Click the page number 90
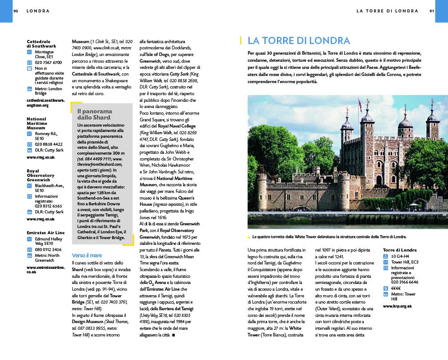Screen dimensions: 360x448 click(x=16, y=11)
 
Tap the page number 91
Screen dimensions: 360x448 click(x=432, y=11)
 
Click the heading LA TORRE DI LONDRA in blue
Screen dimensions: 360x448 click(x=299, y=40)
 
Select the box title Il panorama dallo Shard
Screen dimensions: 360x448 click(x=95, y=114)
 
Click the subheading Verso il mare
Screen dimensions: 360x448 click(x=87, y=255)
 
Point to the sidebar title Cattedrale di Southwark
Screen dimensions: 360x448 click(x=41, y=44)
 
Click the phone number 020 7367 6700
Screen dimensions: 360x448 click(x=48, y=63)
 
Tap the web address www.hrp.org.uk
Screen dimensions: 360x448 click(x=397, y=306)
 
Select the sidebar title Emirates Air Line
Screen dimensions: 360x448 click(x=45, y=232)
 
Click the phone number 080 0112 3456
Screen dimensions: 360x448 click(x=48, y=249)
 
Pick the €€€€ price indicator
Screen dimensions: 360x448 click(x=396, y=288)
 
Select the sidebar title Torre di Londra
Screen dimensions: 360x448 click(x=400, y=250)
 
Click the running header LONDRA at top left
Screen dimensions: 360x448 click(x=38, y=11)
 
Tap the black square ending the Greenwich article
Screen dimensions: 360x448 click(x=173, y=335)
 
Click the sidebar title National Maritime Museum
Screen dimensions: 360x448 click(x=36, y=123)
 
